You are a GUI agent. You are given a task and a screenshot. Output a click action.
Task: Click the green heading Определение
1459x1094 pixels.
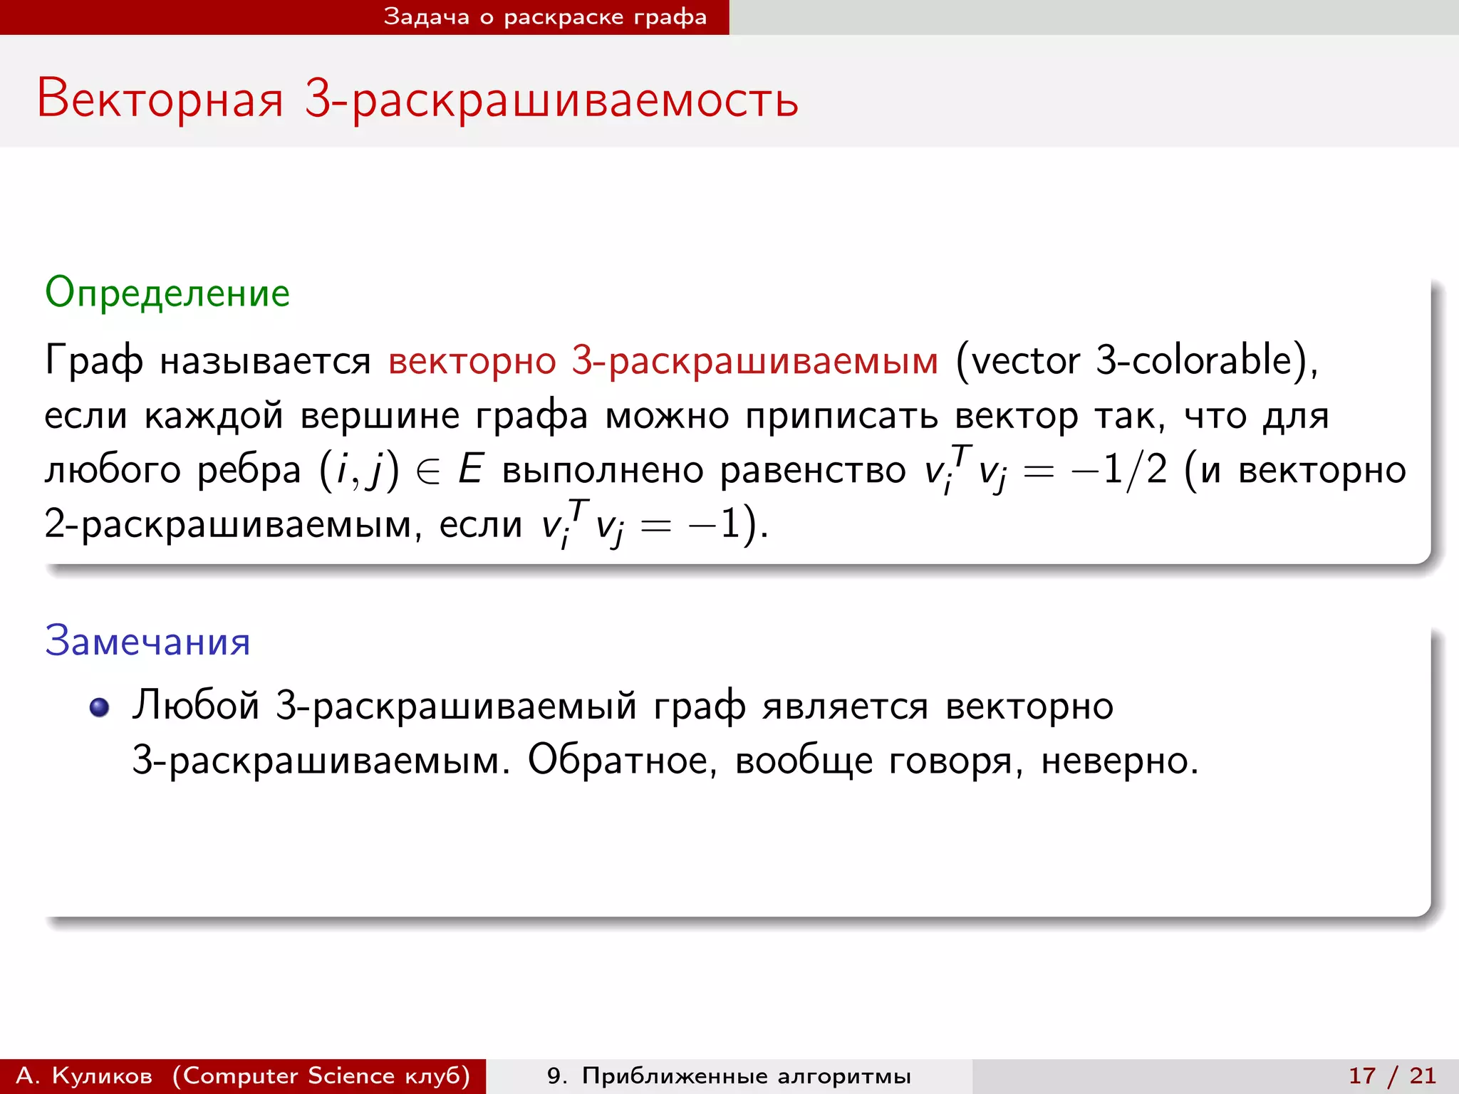[x=167, y=293]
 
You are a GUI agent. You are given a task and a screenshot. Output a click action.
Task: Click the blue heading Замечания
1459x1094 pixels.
[x=147, y=641]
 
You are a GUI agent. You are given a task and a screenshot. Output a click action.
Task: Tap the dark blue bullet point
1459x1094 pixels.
[x=99, y=707]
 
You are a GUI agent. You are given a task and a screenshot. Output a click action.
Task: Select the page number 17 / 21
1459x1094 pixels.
[x=1392, y=1075]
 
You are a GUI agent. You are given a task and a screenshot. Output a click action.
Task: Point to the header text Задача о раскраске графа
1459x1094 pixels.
[x=545, y=17]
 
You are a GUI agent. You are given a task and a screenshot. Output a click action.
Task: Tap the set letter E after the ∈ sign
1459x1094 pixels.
[x=470, y=470]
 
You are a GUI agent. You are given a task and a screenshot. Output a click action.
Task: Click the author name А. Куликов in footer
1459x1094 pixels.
[x=84, y=1075]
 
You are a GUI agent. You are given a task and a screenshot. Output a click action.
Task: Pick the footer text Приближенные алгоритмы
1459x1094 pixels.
[x=746, y=1075]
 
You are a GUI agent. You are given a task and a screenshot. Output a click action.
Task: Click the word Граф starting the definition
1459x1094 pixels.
[x=93, y=360]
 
